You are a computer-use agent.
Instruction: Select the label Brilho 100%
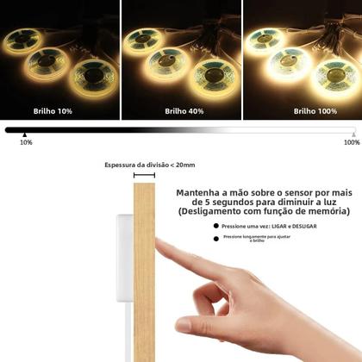pyautogui.click(x=304, y=110)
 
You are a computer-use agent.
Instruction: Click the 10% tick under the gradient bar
pyautogui.click(x=26, y=142)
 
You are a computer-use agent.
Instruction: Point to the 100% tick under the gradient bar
pyautogui.click(x=351, y=142)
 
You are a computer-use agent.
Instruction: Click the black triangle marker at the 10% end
pyautogui.click(x=25, y=134)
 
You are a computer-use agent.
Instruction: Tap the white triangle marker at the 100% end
pyautogui.click(x=352, y=134)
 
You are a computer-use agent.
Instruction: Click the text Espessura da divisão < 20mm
pyautogui.click(x=149, y=165)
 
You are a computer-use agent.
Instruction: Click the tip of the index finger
pyautogui.click(x=161, y=247)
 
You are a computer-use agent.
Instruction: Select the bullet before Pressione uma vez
pyautogui.click(x=215, y=226)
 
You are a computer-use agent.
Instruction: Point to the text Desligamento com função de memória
pyautogui.click(x=265, y=211)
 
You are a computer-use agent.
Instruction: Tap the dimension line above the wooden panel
pyautogui.click(x=144, y=176)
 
